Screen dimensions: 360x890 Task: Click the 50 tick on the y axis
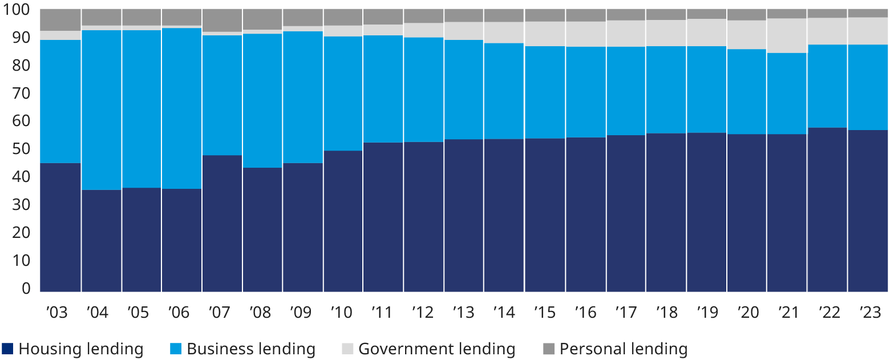(22, 149)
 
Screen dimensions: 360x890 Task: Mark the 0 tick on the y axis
(26, 289)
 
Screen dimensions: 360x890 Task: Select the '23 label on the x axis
(868, 313)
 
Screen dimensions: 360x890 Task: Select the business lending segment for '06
(182, 108)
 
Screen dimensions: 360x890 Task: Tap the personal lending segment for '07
(222, 20)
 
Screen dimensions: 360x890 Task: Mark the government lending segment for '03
(60, 35)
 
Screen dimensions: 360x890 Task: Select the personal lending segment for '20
(747, 14)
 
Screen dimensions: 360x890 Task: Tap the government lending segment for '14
(504, 33)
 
